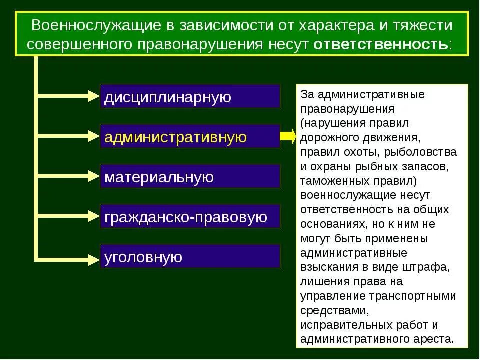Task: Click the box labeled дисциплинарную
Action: (190, 96)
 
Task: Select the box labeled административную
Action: (190, 136)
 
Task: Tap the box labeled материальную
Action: (190, 176)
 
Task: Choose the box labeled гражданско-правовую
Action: (190, 216)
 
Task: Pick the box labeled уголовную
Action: (190, 256)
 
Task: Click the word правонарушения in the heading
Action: (196, 44)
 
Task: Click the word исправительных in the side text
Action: (340, 325)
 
